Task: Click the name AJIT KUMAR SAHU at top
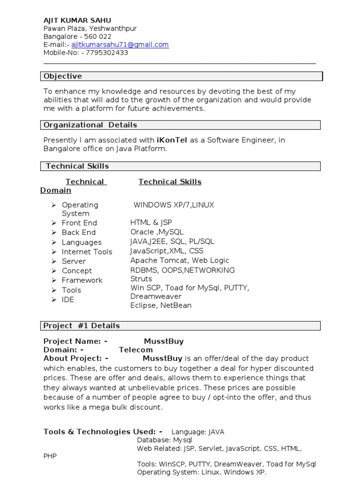pyautogui.click(x=77, y=20)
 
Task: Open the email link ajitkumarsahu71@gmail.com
pyautogui.click(x=120, y=45)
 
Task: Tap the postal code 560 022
pyautogui.click(x=97, y=37)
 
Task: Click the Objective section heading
pyautogui.click(x=63, y=76)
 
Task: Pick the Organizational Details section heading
pyautogui.click(x=90, y=125)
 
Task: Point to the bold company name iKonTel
pyautogui.click(x=172, y=140)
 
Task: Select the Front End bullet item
pyautogui.click(x=79, y=223)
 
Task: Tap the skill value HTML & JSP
pyautogui.click(x=151, y=223)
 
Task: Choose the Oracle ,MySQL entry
pyautogui.click(x=157, y=232)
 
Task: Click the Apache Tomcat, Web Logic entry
pyautogui.click(x=180, y=260)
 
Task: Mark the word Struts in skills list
pyautogui.click(x=141, y=278)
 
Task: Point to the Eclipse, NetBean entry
pyautogui.click(x=161, y=305)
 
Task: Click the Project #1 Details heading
pyautogui.click(x=82, y=325)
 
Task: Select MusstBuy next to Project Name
pyautogui.click(x=164, y=341)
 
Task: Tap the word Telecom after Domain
pyautogui.click(x=135, y=350)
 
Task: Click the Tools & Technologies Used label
pyautogui.click(x=103, y=432)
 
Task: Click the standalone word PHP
pyautogui.click(x=50, y=456)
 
